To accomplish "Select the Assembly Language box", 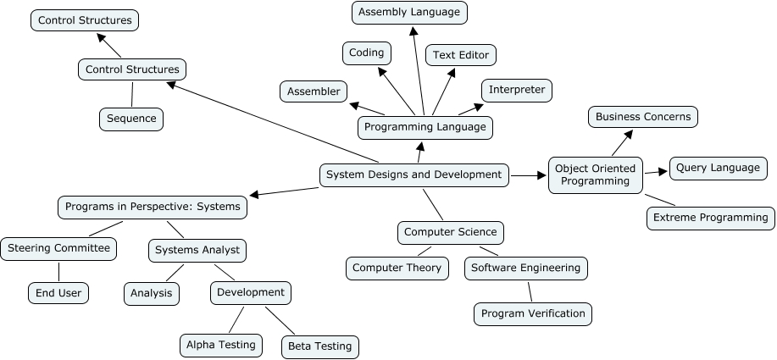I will (409, 13).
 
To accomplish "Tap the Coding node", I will (366, 53).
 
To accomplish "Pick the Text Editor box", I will (461, 55).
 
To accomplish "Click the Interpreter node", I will (517, 90).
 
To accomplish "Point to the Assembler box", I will (314, 91).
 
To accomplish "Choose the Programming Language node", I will (425, 127).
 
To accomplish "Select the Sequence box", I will (131, 119).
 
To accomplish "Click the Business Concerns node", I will (643, 117).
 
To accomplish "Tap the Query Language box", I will (718, 168).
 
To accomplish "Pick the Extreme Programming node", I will (711, 218).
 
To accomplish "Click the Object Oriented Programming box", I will (596, 174).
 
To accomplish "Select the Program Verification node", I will (533, 313).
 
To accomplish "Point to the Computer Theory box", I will (397, 268).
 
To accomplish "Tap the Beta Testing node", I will (320, 346).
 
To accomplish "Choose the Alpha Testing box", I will (219, 345).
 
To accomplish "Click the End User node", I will (58, 294).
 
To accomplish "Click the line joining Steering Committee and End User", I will (58, 271).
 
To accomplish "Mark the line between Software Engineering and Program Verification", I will (530, 291).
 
